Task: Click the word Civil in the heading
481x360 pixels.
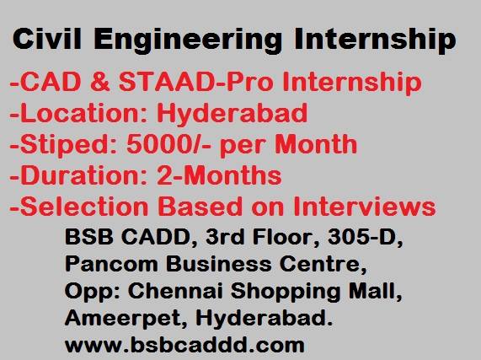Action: click(47, 39)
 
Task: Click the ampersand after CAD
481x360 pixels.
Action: click(100, 82)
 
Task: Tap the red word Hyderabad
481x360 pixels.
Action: click(232, 115)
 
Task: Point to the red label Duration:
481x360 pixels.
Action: click(79, 175)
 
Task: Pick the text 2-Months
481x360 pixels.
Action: click(219, 175)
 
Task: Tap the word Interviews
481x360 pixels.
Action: click(365, 206)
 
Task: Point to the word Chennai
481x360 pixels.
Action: click(175, 290)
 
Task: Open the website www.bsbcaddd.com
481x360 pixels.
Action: click(184, 344)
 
